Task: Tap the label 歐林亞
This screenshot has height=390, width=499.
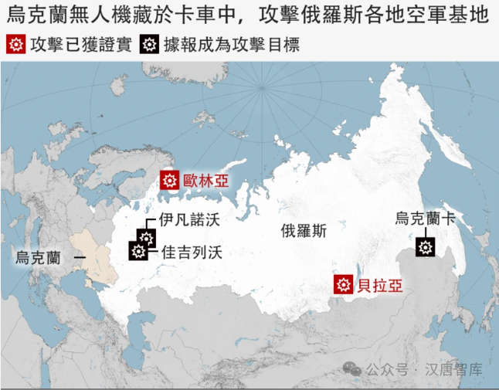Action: pos(206,181)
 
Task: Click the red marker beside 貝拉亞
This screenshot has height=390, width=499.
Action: pos(343,284)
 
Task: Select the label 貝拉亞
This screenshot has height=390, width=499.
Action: pos(379,284)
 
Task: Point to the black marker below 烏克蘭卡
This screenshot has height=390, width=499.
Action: pos(425,247)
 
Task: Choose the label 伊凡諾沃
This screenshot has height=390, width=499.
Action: pos(189,220)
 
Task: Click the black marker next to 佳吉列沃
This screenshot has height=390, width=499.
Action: pos(138,251)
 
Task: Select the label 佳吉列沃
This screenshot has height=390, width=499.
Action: pos(191,251)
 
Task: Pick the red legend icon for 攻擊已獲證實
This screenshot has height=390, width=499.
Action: pos(15,45)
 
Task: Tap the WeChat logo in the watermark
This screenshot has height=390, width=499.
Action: pos(353,369)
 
